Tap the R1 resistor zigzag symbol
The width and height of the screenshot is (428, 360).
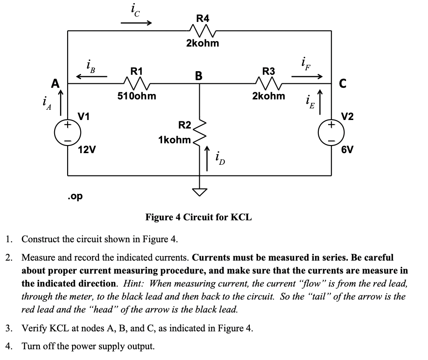click(x=133, y=82)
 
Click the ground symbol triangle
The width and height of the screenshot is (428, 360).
click(x=200, y=192)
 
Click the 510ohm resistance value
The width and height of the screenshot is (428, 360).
click(x=137, y=95)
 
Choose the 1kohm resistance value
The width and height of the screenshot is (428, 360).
click(x=174, y=140)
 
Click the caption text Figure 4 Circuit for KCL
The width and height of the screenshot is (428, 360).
click(x=198, y=218)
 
